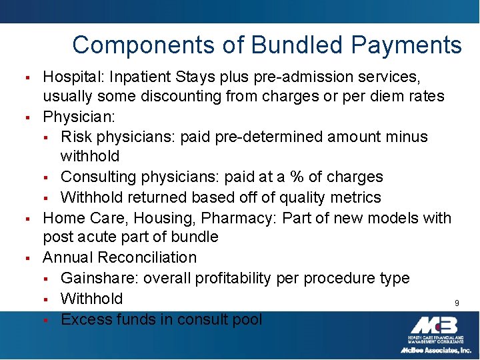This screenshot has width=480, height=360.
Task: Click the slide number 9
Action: [x=457, y=303]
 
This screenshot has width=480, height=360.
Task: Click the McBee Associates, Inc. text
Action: [x=435, y=350]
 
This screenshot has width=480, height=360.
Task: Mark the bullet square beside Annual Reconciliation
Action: [x=29, y=258]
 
